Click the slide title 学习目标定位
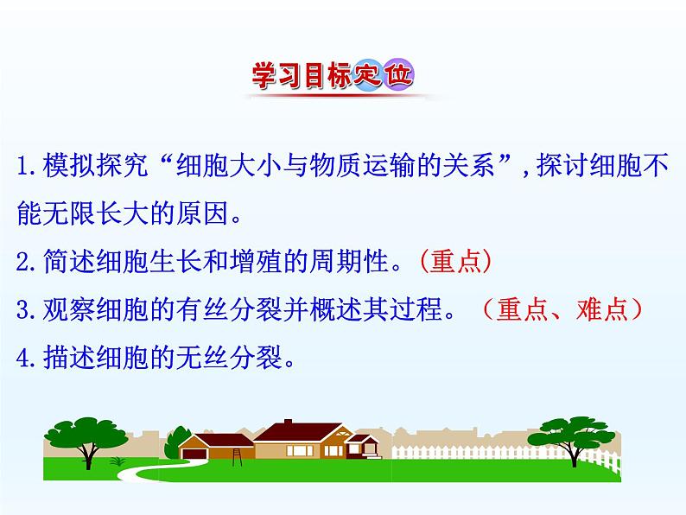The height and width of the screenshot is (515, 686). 333,75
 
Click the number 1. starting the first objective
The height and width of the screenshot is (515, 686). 27,166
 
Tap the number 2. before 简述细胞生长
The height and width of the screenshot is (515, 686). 26,262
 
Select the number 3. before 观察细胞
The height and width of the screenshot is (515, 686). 26,310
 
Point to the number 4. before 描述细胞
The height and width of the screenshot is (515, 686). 26,358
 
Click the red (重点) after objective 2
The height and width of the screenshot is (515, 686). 455,261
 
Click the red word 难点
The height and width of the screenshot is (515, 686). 602,309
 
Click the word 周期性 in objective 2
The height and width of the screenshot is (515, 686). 349,261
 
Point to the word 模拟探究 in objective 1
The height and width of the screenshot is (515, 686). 95,165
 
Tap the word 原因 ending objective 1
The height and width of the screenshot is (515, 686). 202,213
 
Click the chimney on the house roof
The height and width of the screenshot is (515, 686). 288,423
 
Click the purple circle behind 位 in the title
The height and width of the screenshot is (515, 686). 398,75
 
